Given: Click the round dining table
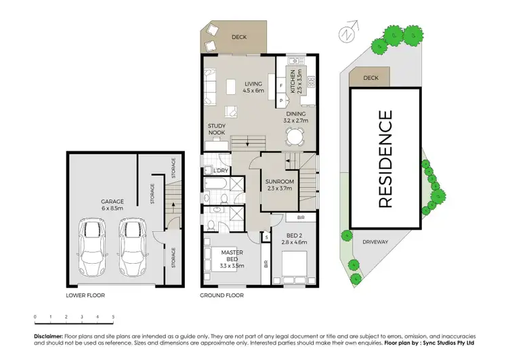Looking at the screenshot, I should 295,136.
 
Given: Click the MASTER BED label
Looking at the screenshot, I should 232,257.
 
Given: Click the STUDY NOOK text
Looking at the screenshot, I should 217,129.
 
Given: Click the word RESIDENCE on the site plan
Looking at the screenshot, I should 384,159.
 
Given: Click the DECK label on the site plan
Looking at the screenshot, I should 371,78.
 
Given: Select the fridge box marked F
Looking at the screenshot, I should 281,87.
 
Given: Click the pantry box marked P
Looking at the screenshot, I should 281,100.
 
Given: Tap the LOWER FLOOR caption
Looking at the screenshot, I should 85,296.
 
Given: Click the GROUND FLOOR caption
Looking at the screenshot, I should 221,296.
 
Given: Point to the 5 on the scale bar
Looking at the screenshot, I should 113,317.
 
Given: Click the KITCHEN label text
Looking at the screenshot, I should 293,81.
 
